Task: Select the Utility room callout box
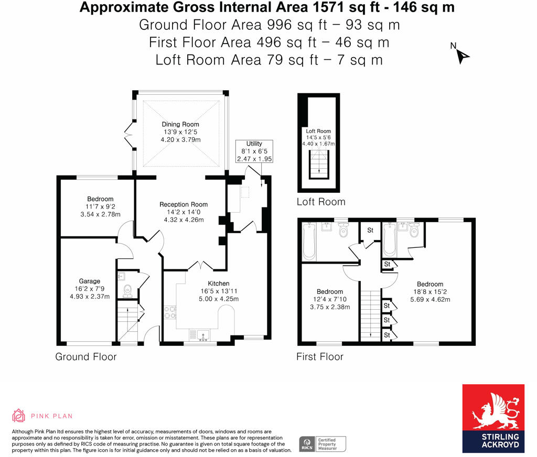click(x=254, y=151)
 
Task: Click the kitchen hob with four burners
click(x=170, y=312)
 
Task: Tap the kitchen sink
click(x=201, y=333)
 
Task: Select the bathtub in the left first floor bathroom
click(x=309, y=241)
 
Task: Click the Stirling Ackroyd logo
click(x=493, y=418)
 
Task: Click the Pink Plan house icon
click(x=19, y=416)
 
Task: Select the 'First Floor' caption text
click(x=320, y=357)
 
